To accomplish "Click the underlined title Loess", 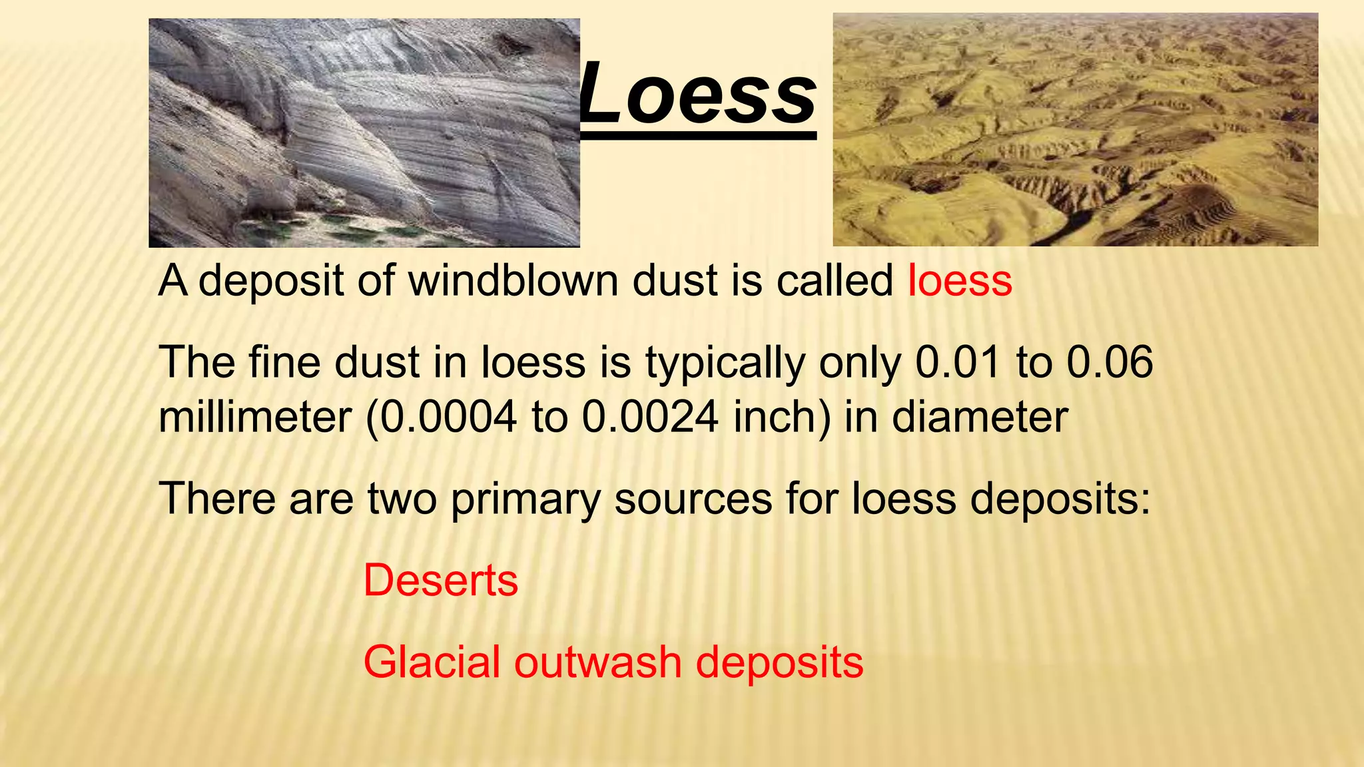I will (x=698, y=95).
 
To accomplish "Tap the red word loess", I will (x=960, y=280).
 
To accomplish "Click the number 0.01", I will (x=958, y=362).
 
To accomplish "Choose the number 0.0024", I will (x=650, y=417).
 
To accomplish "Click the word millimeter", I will (x=254, y=417).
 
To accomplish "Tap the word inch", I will (x=776, y=417).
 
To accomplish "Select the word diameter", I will (x=980, y=417).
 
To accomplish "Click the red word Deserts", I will (x=440, y=581).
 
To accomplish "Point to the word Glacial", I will (x=431, y=662).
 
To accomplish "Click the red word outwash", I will (x=598, y=662).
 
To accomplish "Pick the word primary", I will (x=525, y=499).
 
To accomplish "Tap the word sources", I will (x=693, y=499).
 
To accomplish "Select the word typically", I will (x=725, y=364).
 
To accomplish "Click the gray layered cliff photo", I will (x=364, y=133).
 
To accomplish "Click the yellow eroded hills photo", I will (x=1075, y=130).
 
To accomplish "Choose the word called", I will (x=835, y=280).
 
